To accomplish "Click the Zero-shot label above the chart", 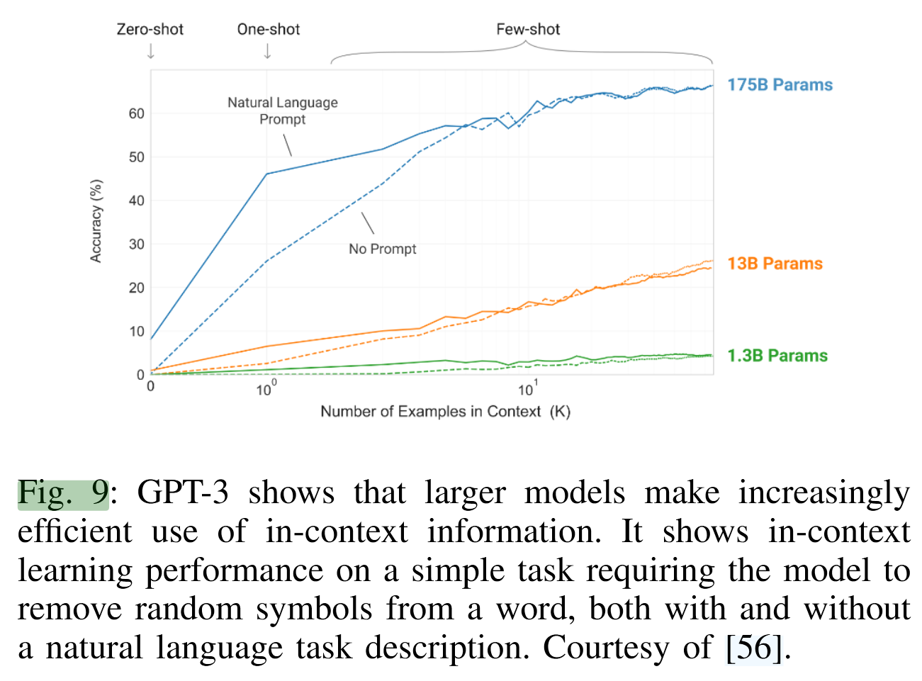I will coord(150,29).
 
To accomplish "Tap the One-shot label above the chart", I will coord(268,29).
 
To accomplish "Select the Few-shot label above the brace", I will coord(528,29).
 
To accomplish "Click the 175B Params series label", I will coord(780,85).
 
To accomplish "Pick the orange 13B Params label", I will coord(775,264).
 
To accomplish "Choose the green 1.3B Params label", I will coord(777,356).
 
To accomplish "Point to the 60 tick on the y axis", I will coord(137,113).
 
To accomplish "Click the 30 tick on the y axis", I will coord(137,244).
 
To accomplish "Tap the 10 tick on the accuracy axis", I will coord(137,332).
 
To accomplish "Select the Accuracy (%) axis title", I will coord(96,221).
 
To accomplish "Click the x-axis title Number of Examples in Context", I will coord(445,412).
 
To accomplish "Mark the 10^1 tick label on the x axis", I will coord(527,389).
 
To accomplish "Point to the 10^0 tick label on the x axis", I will coord(266,389).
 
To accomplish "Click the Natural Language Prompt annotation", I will coord(282,111).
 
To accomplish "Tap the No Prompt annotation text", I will coord(382,249).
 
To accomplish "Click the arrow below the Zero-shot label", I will coord(150,52).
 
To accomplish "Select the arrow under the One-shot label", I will coord(267,52).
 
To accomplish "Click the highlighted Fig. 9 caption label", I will coord(63,493).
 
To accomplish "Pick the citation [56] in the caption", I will coord(755,648).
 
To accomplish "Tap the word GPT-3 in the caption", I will coord(182,493).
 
